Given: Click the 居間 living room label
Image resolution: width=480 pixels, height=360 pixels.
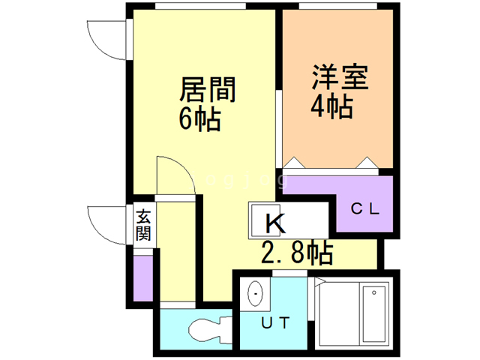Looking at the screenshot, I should click(208, 91).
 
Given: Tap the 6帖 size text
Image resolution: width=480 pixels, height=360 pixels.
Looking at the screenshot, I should click(199, 118).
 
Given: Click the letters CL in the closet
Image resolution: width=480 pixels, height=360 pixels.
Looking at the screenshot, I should click(367, 209).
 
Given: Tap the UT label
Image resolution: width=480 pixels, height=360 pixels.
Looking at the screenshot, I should click(274, 323).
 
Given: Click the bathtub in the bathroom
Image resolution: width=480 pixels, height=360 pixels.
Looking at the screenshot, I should click(373, 314).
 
